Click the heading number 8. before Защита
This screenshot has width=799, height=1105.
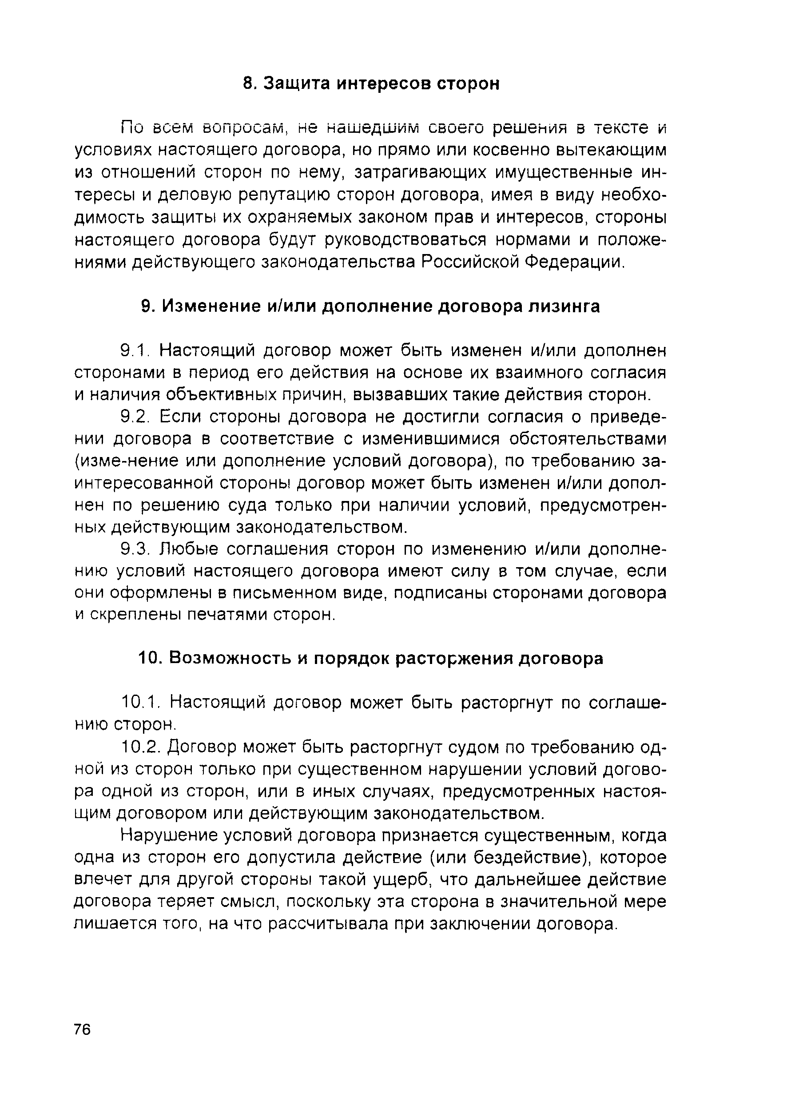(x=250, y=84)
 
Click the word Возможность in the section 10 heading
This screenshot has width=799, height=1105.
(x=230, y=658)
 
